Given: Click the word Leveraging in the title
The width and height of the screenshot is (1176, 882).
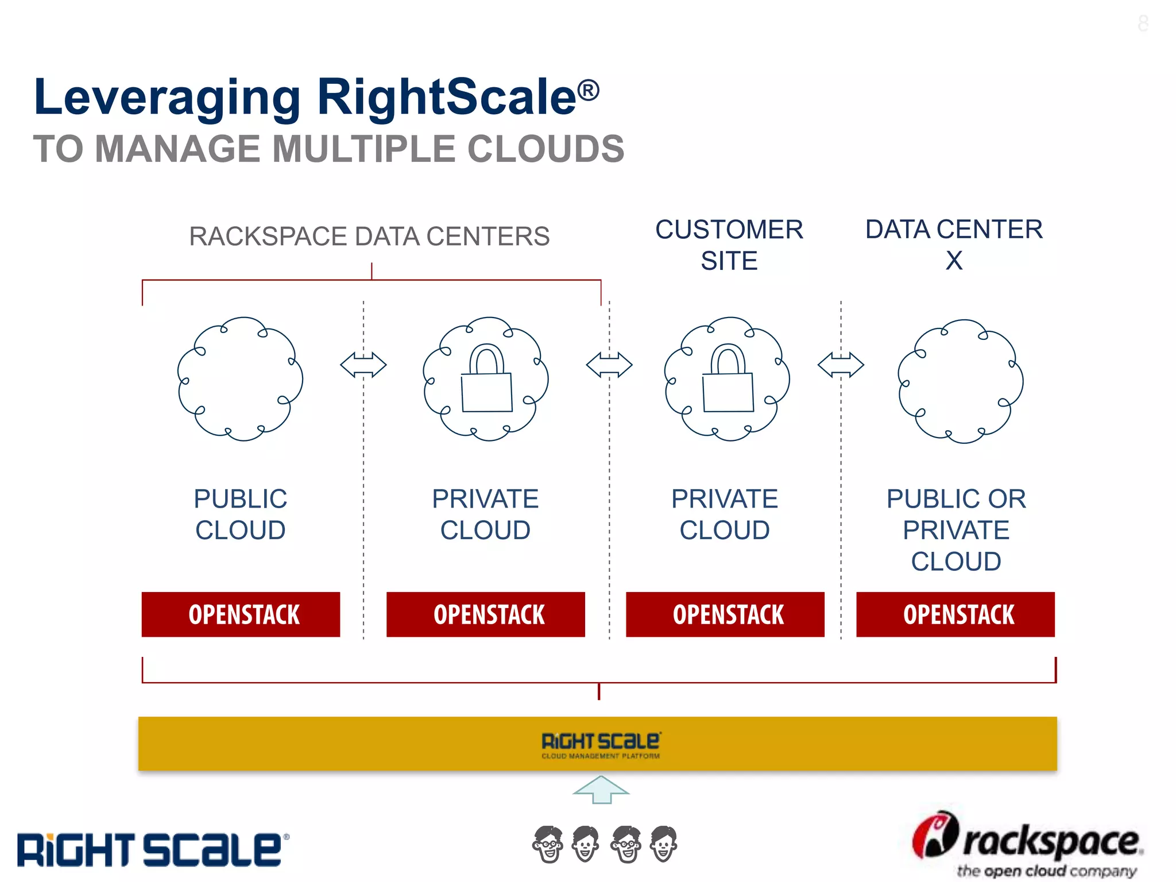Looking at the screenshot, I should (167, 98).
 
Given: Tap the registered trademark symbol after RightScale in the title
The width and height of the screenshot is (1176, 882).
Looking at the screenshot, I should (588, 91).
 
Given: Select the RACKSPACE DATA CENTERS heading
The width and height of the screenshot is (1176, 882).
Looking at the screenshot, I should (369, 237).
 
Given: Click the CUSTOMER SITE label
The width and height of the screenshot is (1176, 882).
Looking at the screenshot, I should (729, 245).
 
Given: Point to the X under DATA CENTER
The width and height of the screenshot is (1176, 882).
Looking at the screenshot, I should (954, 261).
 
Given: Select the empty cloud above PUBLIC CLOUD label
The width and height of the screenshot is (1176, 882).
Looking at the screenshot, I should (240, 379).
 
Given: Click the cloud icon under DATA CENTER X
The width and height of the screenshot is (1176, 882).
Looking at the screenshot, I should (961, 381).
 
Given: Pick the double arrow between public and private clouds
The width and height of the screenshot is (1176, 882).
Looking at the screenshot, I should (363, 365).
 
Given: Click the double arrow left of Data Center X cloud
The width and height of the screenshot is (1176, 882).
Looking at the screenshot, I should (841, 365).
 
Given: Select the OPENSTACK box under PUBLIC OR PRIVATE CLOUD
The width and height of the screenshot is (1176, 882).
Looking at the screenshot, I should (955, 614).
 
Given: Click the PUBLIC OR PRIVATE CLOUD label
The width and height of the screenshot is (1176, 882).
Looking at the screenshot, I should (956, 529).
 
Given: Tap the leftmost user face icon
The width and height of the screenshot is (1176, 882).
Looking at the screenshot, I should (548, 844).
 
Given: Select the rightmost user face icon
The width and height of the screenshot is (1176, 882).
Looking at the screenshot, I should (663, 844).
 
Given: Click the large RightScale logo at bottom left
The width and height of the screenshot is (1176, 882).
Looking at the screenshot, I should (152, 850).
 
